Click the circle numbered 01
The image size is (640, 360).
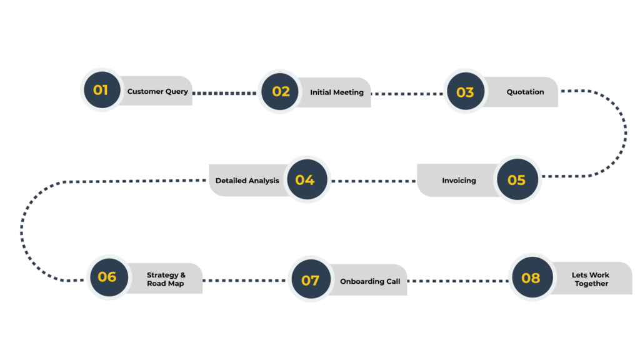pos(102,90)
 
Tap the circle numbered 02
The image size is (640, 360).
pos(280,91)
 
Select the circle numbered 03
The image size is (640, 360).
pos(465,91)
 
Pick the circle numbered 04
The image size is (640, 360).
pos(307,179)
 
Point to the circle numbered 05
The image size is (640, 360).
pos(517,179)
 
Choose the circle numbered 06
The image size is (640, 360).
pos(109,277)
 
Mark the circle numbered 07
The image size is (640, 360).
pos(311,279)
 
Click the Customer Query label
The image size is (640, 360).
pos(157,92)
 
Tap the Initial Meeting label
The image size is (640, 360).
pos(337,92)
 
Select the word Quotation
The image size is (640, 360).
pos(525,92)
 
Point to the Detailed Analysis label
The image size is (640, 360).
pos(247,181)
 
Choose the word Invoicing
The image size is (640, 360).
pos(459,181)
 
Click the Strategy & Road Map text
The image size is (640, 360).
pos(166,279)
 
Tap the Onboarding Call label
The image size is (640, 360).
pos(370,282)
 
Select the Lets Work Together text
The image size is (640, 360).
pos(591,279)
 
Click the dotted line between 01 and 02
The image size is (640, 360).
pos(224,94)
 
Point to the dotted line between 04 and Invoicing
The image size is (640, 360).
pos(374,181)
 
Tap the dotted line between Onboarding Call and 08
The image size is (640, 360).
pos(458,281)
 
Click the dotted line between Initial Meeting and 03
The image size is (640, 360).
pos(407,94)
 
